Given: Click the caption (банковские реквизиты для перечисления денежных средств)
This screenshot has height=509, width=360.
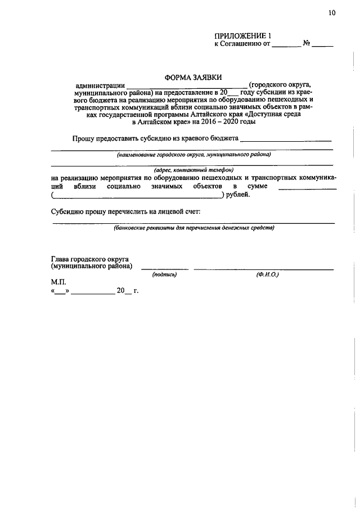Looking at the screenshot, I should (193, 228).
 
